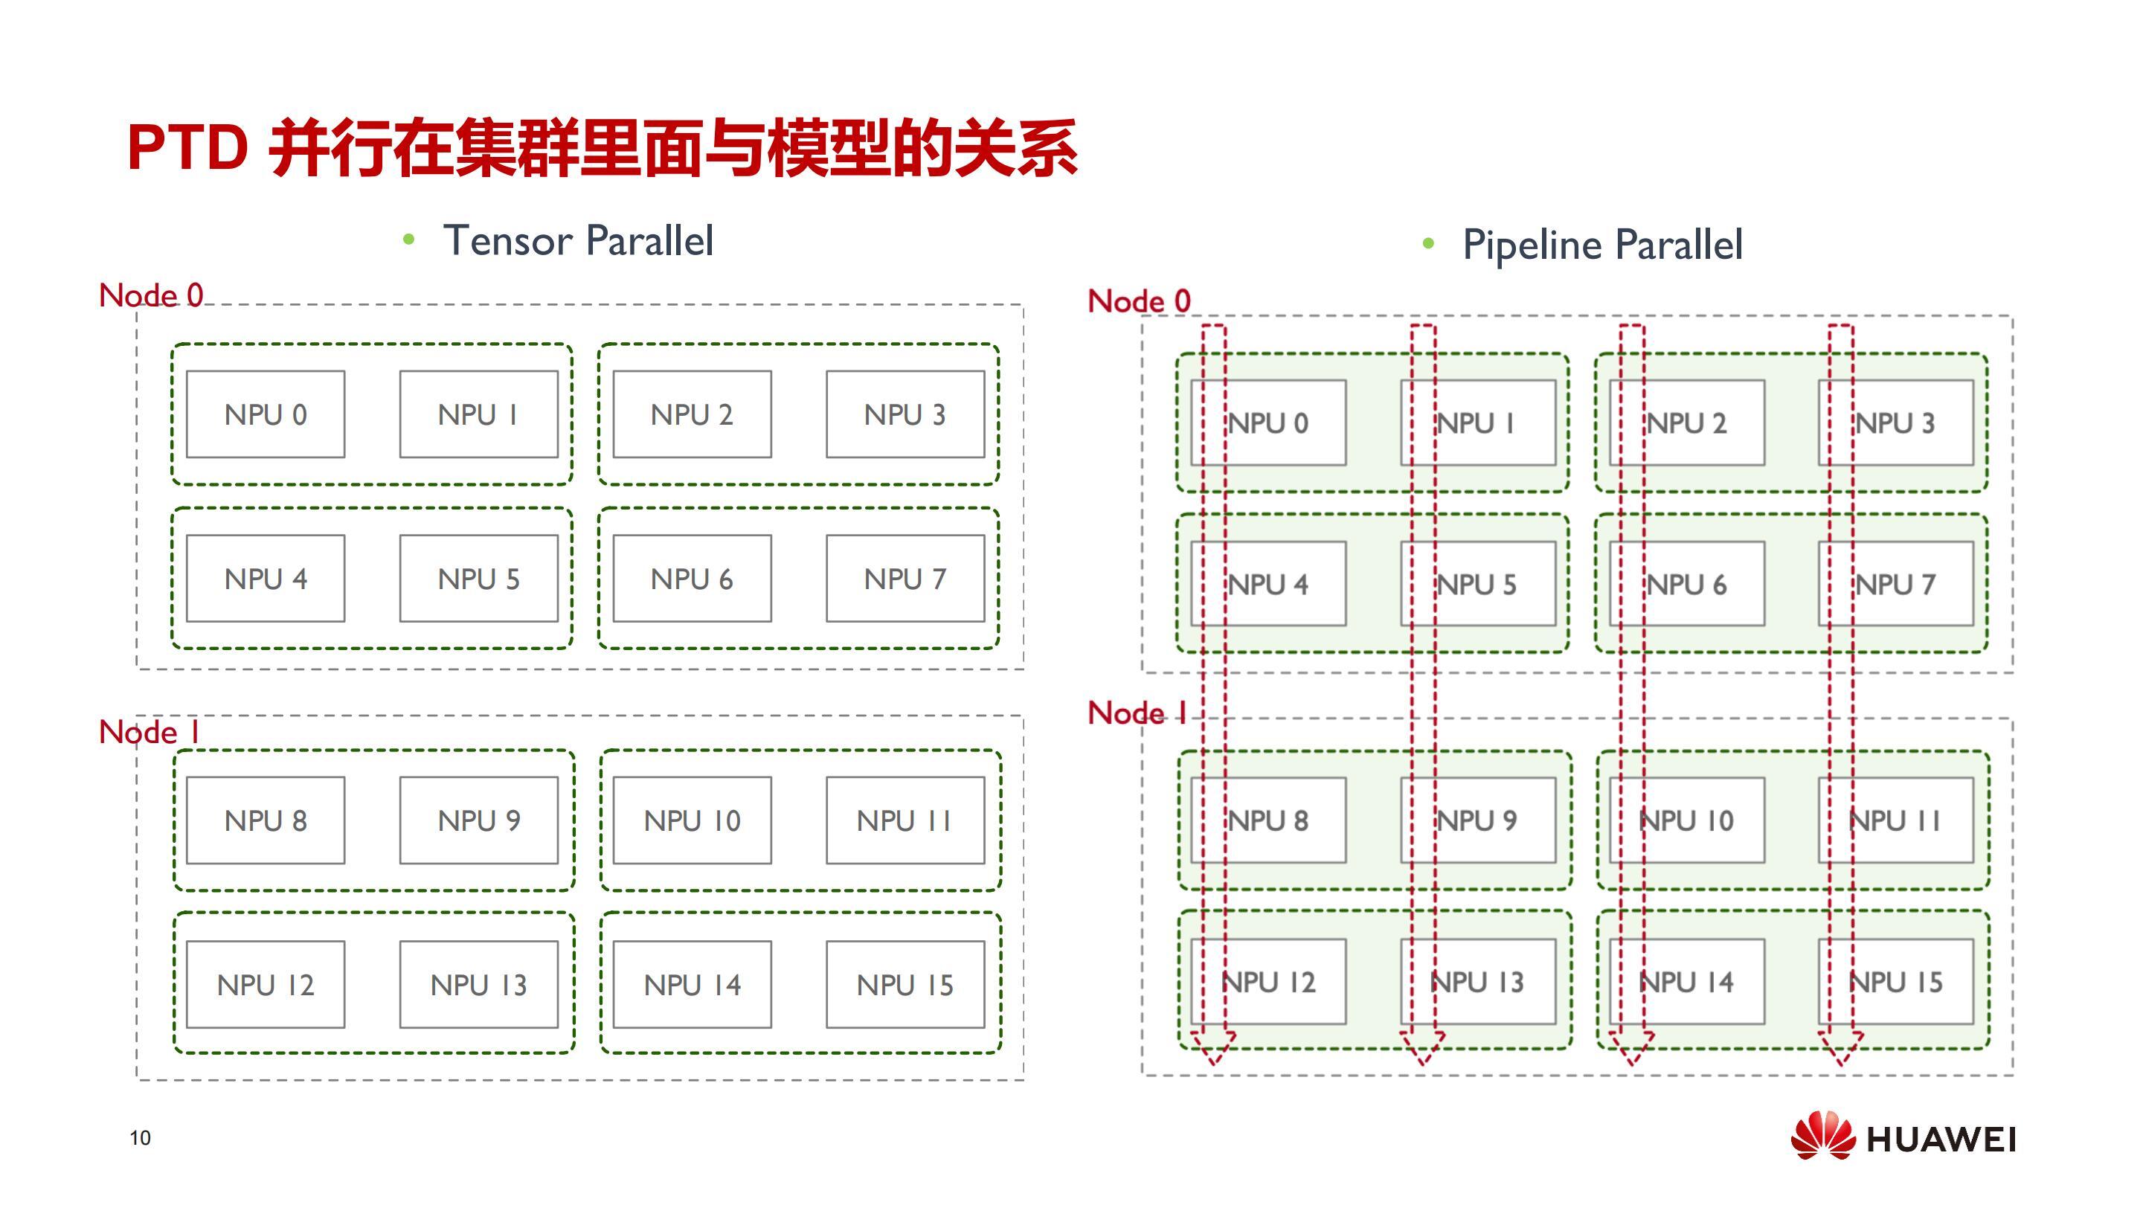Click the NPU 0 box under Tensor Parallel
pyautogui.click(x=266, y=414)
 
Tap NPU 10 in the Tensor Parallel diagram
pyautogui.click(x=693, y=820)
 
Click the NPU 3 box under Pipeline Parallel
pyautogui.click(x=1896, y=422)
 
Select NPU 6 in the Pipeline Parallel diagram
pyautogui.click(x=1687, y=584)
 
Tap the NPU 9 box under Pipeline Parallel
pyautogui.click(x=1478, y=820)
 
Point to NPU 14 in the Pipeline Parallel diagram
pyautogui.click(x=1687, y=982)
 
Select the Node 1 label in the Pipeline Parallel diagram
pyautogui.click(x=1137, y=713)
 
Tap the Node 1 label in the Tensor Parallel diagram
pyautogui.click(x=149, y=733)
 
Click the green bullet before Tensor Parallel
pyautogui.click(x=408, y=240)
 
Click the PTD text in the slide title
pyautogui.click(x=188, y=148)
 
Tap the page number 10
pyautogui.click(x=140, y=1137)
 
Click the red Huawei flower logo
pyautogui.click(x=1822, y=1135)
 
